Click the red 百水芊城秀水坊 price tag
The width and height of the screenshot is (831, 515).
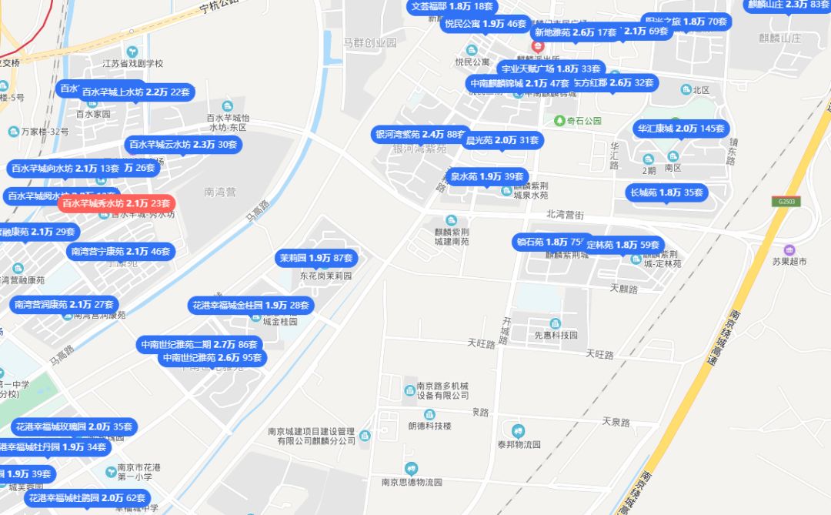(116, 203)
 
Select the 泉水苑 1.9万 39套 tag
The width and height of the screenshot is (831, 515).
(487, 177)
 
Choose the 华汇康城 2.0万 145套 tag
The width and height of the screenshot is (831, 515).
(682, 129)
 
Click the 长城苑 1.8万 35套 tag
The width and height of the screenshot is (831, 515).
(667, 192)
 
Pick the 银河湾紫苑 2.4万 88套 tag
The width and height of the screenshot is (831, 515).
(420, 134)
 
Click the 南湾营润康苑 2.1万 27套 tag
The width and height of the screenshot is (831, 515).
(65, 304)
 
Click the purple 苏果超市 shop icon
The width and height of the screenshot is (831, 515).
(789, 250)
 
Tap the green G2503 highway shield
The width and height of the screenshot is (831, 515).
(785, 202)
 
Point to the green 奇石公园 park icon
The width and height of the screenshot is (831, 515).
(559, 120)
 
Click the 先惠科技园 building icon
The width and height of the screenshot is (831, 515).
(556, 323)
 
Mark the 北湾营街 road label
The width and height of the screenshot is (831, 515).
(566, 215)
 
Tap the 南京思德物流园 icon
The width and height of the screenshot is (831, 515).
(412, 468)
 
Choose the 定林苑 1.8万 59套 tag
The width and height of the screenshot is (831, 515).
(623, 245)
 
